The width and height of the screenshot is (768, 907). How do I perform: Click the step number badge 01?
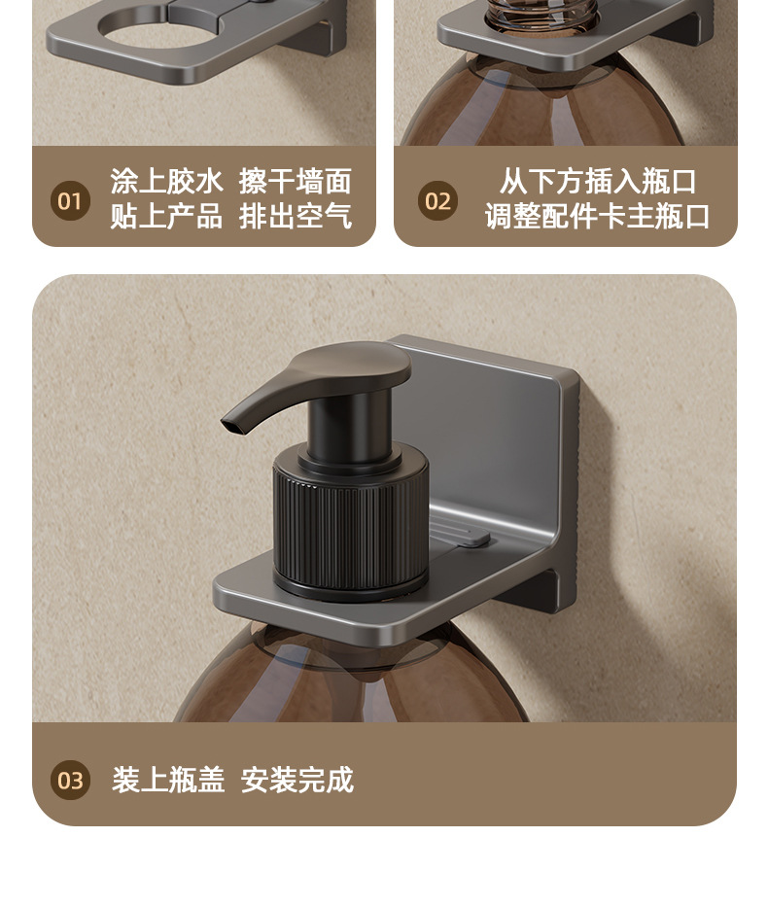pos(70,200)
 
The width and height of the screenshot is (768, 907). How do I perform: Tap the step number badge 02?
pos(437,200)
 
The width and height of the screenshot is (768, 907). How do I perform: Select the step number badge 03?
pos(70,781)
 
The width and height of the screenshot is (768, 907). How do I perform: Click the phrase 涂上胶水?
pos(166,182)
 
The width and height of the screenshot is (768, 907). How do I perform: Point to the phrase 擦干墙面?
pos(296,182)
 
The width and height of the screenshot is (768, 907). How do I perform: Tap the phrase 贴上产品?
pos(166,217)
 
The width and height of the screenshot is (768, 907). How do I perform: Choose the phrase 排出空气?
pos(296,217)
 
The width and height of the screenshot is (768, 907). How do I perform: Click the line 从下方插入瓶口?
pos(598,182)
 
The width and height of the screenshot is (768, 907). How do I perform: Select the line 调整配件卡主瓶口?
pos(598,217)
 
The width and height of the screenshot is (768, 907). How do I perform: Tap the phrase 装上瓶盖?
pos(168,780)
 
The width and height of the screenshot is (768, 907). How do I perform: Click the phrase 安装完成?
pos(297,780)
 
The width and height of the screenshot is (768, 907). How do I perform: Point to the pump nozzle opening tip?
pos(229,425)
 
